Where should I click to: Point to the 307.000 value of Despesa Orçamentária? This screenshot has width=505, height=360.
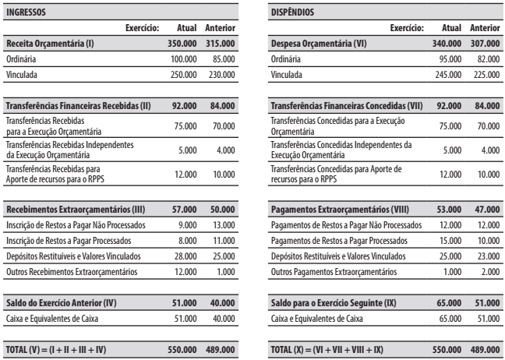pyautogui.click(x=483, y=44)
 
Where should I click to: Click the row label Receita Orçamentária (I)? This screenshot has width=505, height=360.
pyautogui.click(x=48, y=44)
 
